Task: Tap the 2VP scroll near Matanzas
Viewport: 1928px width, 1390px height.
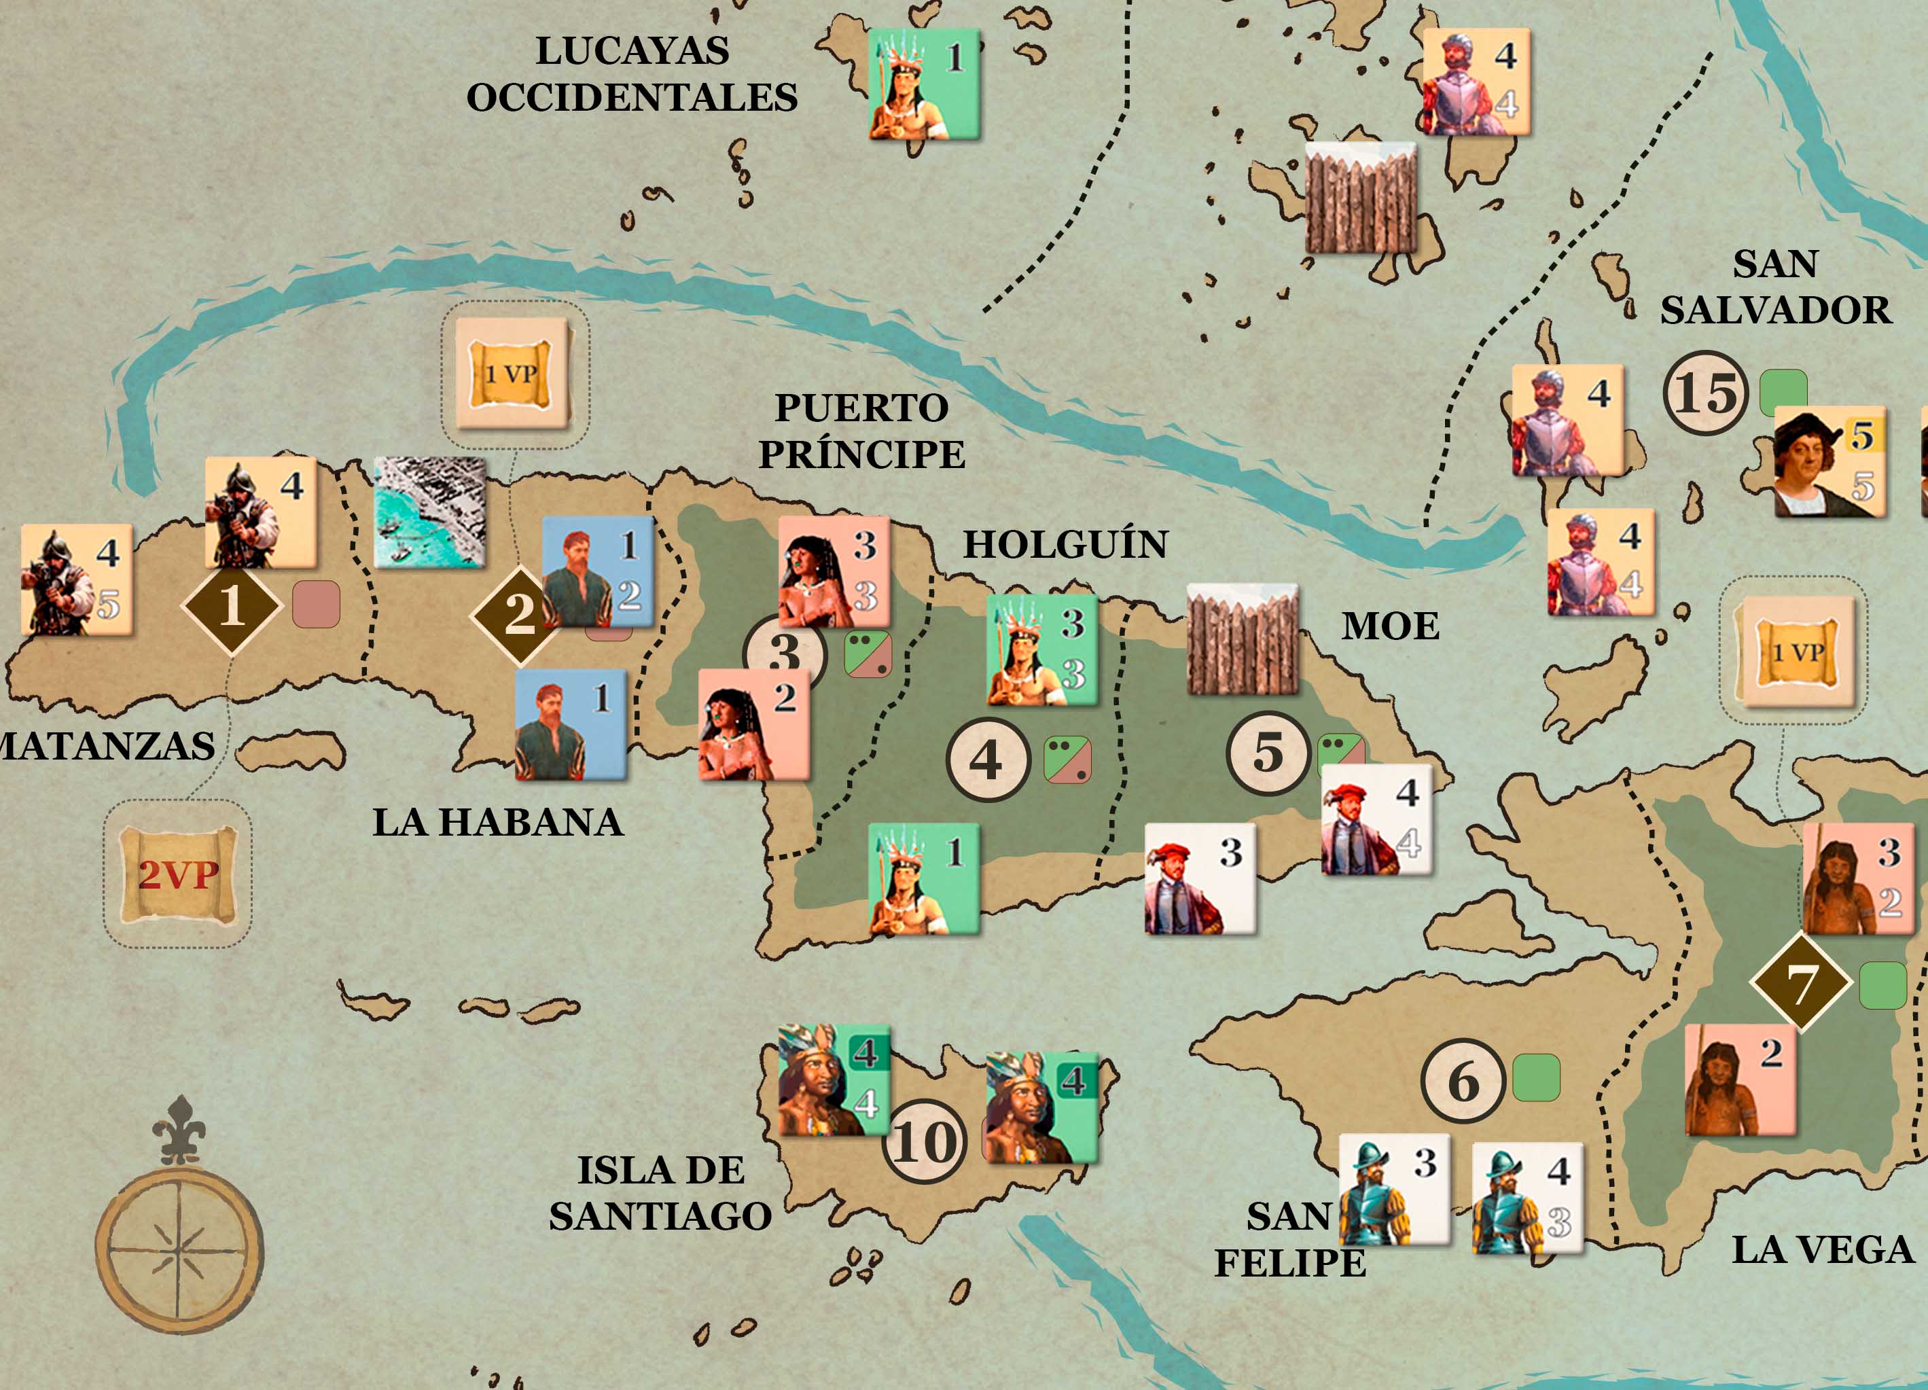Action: [x=178, y=874]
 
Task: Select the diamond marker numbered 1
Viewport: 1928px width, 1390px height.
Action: [x=231, y=606]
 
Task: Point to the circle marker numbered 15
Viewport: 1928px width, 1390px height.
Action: [x=1705, y=393]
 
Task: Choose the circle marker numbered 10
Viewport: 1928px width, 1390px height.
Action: [x=925, y=1142]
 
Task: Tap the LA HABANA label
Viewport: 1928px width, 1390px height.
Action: [x=498, y=822]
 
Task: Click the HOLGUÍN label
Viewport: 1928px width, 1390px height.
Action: [x=1065, y=544]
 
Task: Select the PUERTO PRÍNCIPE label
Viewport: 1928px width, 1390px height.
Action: [x=862, y=431]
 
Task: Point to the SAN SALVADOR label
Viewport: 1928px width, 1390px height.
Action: [x=1776, y=287]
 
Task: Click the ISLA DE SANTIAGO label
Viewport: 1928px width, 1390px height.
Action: [x=660, y=1193]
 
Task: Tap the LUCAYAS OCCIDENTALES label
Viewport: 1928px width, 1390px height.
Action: [x=632, y=74]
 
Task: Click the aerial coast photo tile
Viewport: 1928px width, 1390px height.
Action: [x=430, y=513]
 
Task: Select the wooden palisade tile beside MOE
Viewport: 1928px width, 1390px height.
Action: [x=1242, y=640]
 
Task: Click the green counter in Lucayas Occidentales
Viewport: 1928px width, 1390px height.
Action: [x=924, y=84]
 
